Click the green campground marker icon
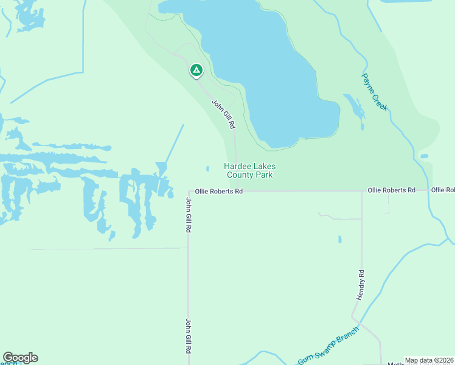click(196, 71)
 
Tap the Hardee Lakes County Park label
click(249, 170)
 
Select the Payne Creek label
click(375, 92)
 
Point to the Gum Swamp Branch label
click(328, 345)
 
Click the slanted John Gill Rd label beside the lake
click(223, 114)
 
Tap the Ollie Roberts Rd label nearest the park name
click(219, 191)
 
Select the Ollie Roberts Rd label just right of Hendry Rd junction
click(391, 190)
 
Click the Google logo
click(20, 358)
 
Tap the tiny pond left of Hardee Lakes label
click(207, 169)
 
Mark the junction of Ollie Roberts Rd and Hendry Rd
click(362, 191)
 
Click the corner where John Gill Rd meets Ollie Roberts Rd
click(189, 192)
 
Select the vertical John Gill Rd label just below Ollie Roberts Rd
click(189, 215)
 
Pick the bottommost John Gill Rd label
click(189, 336)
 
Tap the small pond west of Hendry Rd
click(339, 239)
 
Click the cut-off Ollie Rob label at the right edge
click(443, 190)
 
